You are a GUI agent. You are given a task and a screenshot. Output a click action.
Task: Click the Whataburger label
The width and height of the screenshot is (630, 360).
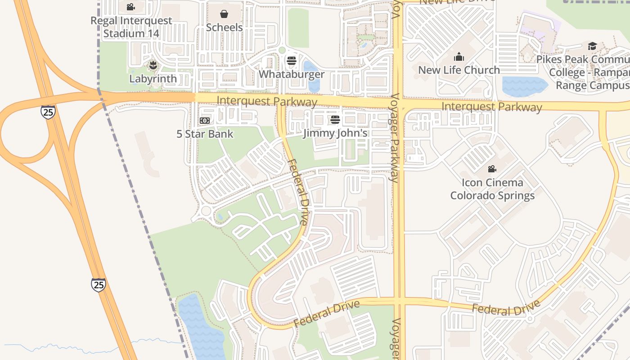tap(292, 74)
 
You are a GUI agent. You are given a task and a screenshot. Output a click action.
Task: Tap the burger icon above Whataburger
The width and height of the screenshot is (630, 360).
tap(292, 60)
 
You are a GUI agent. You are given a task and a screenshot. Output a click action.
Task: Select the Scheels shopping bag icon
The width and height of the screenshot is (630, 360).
tap(224, 14)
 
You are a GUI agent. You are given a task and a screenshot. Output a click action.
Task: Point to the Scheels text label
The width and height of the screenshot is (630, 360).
tap(224, 27)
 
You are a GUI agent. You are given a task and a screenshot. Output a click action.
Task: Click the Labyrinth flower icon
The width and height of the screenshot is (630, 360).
tap(153, 65)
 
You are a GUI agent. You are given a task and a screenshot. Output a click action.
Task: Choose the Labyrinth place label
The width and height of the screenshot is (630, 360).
tap(153, 79)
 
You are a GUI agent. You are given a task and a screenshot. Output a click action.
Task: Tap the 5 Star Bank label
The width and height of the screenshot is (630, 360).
tap(205, 134)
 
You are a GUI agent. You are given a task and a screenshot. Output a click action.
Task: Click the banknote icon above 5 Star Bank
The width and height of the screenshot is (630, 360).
tap(205, 121)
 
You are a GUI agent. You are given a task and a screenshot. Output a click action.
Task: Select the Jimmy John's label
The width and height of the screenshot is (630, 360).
tap(335, 133)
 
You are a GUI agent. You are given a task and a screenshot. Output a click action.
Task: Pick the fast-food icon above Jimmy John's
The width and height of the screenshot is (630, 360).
tap(335, 120)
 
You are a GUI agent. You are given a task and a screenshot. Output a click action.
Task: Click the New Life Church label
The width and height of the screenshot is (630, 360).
tap(459, 70)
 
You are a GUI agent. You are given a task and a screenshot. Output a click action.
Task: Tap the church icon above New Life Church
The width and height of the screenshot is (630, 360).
tap(459, 57)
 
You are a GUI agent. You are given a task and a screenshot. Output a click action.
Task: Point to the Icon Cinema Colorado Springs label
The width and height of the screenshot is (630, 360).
tap(492, 189)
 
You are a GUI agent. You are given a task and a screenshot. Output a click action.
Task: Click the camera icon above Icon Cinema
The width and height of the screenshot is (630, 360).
tap(492, 169)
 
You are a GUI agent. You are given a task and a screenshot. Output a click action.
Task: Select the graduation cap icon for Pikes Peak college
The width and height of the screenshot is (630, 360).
tap(592, 46)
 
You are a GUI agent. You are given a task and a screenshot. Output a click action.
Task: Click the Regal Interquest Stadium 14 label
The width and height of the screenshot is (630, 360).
tap(131, 27)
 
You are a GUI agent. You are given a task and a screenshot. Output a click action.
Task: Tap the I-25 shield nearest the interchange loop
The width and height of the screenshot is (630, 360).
tap(48, 112)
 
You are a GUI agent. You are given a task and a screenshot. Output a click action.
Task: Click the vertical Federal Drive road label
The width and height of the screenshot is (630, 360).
tap(298, 192)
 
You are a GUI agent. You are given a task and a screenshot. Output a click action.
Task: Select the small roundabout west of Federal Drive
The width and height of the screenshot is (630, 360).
tap(206, 211)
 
